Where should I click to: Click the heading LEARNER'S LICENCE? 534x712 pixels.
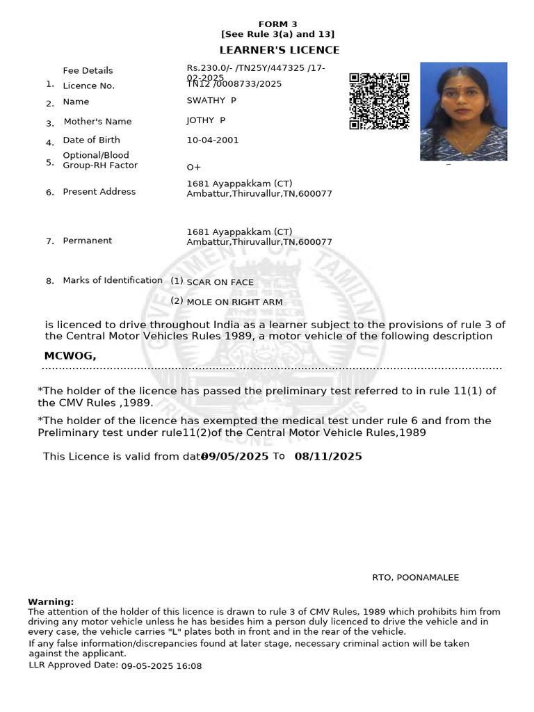280,50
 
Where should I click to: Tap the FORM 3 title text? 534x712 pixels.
277,24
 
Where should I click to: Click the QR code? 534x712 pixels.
379,102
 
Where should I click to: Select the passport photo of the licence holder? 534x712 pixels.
463,111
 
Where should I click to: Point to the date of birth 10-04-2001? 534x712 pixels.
212,140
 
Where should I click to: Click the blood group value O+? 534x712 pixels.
193,168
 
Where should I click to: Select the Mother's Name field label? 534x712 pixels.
97,122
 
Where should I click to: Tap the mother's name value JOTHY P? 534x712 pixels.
206,120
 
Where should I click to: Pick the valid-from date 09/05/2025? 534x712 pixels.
235,456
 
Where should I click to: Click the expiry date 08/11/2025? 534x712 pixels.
328,456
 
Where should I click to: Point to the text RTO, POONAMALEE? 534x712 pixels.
415,578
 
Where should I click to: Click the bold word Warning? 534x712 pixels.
51,601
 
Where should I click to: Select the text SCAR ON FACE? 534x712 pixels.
220,282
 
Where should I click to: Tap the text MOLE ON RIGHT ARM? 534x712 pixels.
234,302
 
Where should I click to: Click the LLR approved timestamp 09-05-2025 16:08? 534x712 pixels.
161,666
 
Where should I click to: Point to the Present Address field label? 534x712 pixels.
99,192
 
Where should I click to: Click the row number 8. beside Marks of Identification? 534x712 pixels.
50,282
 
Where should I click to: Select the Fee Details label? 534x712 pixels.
88,70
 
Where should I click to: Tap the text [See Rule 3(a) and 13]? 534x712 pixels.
277,34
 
